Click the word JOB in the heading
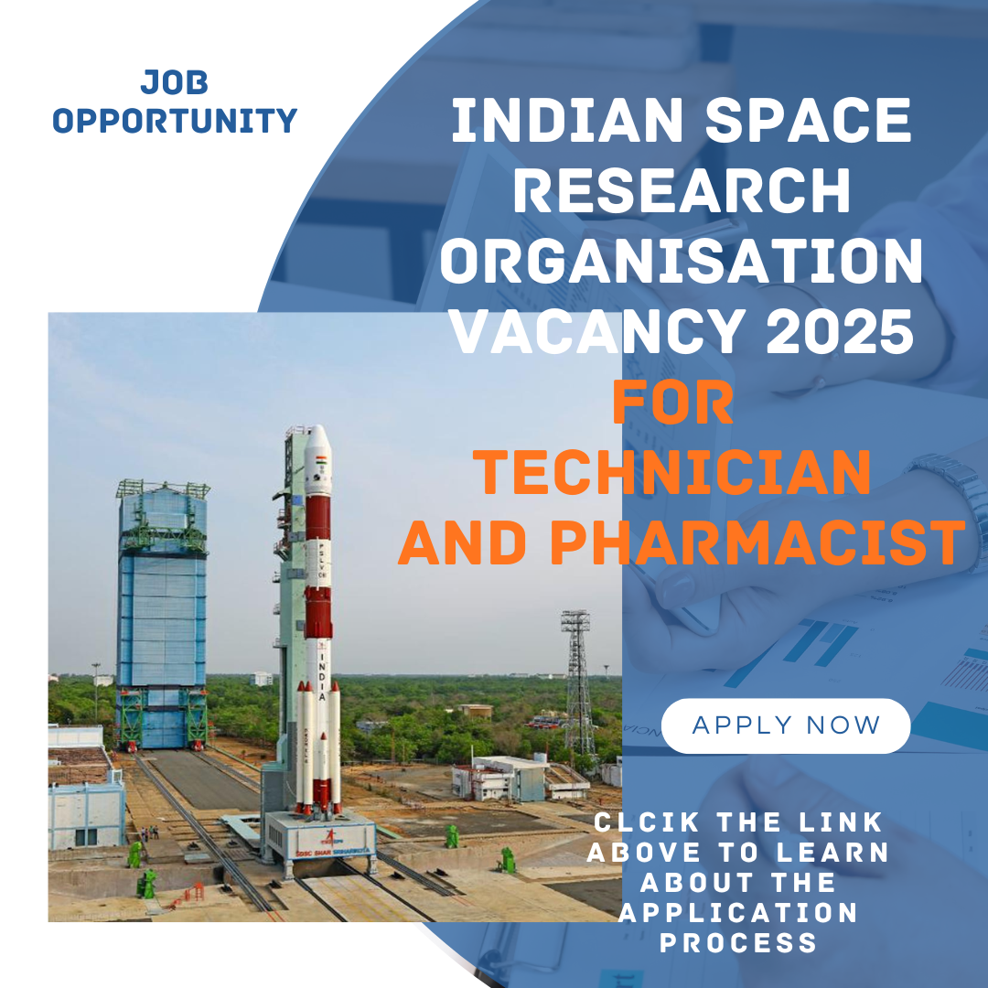click(x=175, y=83)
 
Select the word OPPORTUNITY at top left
click(x=175, y=121)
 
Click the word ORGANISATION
click(x=682, y=262)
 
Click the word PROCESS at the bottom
click(x=738, y=942)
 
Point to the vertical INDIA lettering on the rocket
click(x=322, y=672)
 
